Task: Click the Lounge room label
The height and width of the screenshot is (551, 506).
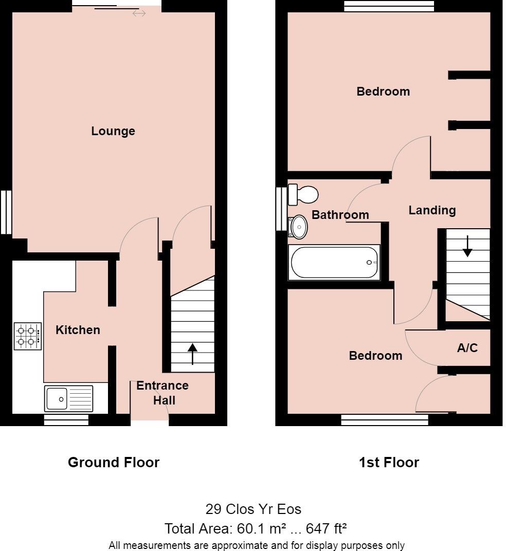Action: click(113, 131)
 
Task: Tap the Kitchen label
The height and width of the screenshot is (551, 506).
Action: click(78, 330)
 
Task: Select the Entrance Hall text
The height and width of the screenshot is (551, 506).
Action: click(162, 393)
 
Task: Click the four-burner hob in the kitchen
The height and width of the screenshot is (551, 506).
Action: click(28, 336)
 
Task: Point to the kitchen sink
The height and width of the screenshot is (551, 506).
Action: click(68, 398)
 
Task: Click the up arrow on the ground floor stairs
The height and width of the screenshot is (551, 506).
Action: click(192, 354)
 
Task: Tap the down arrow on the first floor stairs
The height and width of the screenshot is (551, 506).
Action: click(467, 246)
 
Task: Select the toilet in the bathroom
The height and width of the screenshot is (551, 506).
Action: click(303, 194)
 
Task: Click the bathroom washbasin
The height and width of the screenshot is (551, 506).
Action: click(298, 227)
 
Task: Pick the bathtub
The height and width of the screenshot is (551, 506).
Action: click(335, 263)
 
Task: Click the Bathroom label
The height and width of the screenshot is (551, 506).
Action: click(340, 215)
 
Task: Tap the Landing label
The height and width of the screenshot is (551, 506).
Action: click(432, 210)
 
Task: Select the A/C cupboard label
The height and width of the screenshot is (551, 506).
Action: click(467, 348)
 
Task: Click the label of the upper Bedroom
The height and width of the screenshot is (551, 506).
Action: click(383, 91)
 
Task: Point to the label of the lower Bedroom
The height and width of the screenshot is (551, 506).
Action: click(375, 356)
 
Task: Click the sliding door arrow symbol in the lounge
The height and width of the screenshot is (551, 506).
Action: click(139, 13)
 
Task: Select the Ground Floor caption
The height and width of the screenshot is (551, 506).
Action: click(114, 463)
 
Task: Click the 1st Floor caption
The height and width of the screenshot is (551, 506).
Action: click(389, 463)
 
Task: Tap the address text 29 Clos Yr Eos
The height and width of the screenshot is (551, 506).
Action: click(253, 509)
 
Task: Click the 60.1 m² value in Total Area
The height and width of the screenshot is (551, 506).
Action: click(251, 528)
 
